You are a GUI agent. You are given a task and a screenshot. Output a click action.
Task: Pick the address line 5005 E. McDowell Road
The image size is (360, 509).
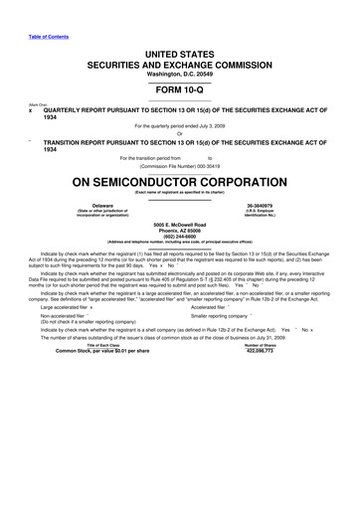coord(180,225)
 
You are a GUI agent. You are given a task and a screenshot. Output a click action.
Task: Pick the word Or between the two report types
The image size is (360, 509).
coord(180,134)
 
